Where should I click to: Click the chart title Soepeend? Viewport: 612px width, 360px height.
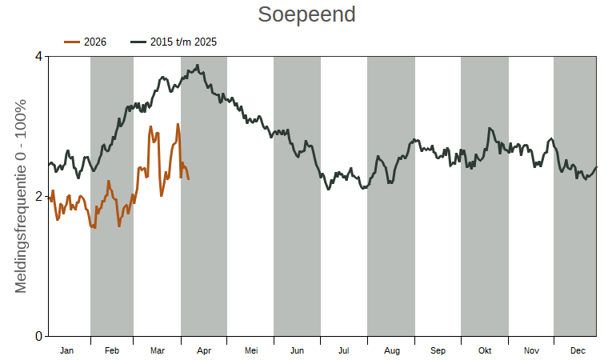coord(306,15)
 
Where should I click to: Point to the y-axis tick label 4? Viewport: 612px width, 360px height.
coord(38,57)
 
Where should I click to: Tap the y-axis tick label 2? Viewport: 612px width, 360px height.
coord(38,197)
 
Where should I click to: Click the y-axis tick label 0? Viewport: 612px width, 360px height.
coord(38,336)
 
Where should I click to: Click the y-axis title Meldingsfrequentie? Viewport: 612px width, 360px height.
coord(21,196)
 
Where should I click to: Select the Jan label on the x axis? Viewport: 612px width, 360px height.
coord(67,350)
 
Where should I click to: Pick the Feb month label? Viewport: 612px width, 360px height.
coord(112,350)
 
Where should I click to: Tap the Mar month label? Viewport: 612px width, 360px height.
coord(157,350)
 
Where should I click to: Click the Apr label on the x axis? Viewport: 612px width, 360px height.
coord(203,350)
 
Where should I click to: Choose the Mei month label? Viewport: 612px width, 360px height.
coord(250,350)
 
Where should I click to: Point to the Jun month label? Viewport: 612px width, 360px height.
coord(297,350)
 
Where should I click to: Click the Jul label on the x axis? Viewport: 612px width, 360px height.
coord(343,350)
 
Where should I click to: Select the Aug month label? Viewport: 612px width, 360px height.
coord(391,350)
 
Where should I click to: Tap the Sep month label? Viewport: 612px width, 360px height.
coord(438,350)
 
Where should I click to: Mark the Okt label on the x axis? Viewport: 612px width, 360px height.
coord(484,350)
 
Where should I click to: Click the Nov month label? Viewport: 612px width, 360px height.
coord(531,350)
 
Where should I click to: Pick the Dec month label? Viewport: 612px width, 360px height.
coord(578,350)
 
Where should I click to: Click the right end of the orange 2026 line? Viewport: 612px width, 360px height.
coord(189,178)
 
